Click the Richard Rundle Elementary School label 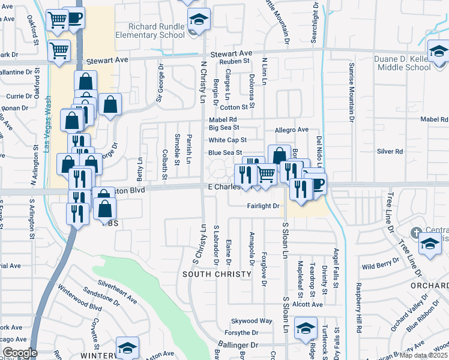pos(158,31)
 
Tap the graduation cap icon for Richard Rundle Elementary pos(199,20)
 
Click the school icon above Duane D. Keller pos(439,51)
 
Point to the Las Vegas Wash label pos(46,128)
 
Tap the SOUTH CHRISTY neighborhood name pos(217,274)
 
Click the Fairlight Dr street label pos(264,206)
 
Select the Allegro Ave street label pos(291,130)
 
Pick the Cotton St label pos(234,107)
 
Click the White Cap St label pos(228,140)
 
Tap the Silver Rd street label pos(390,152)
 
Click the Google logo pos(19,353)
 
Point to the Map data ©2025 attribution pos(423,355)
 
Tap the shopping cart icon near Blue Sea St pos(267,175)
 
